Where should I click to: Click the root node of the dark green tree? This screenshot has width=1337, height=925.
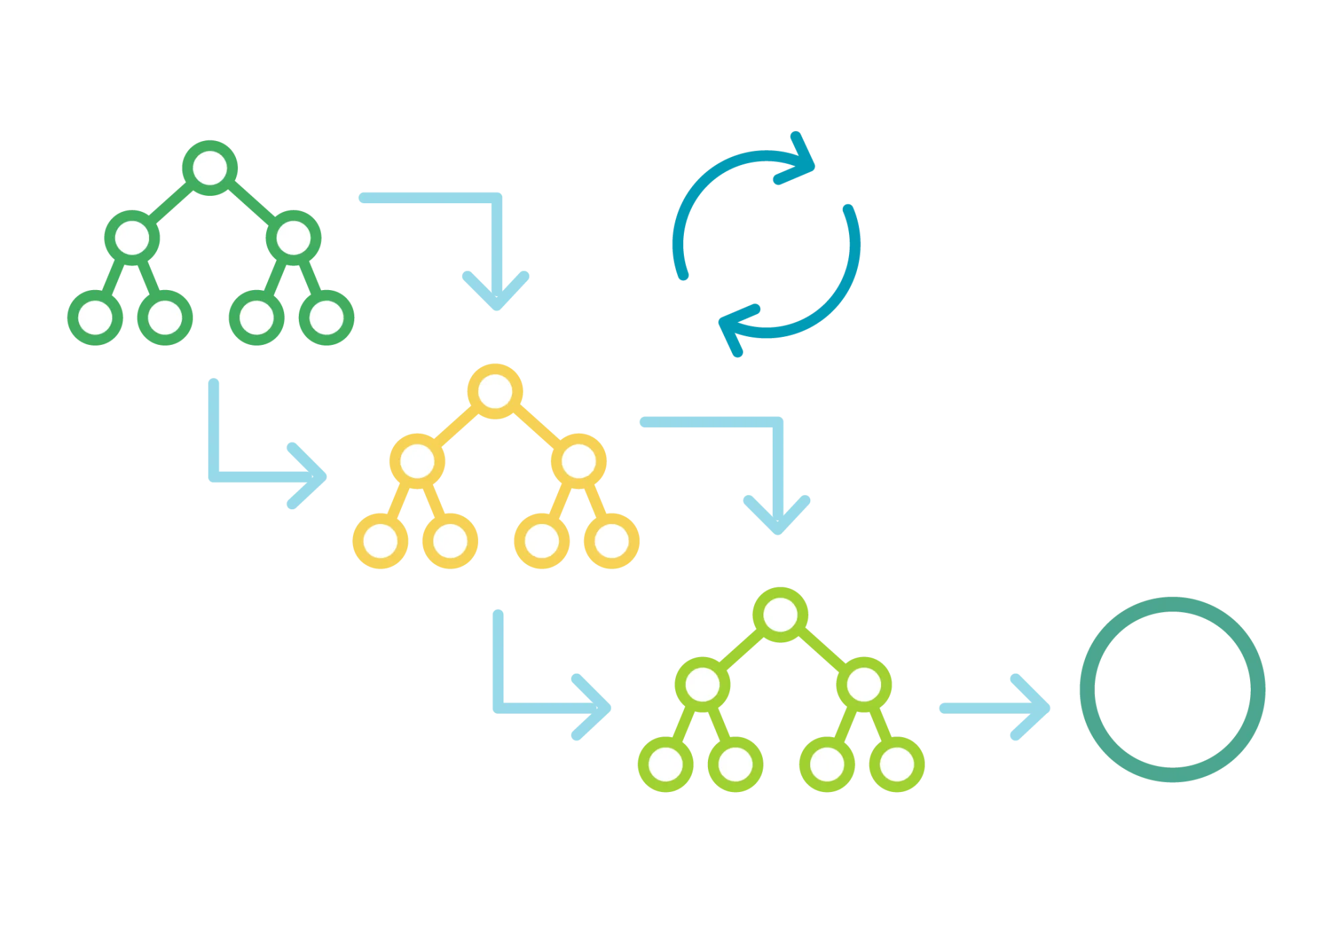click(209, 168)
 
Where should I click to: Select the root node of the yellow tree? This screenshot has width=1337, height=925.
click(495, 391)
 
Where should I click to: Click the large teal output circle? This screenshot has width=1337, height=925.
click(1172, 689)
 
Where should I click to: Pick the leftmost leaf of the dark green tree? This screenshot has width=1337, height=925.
click(95, 317)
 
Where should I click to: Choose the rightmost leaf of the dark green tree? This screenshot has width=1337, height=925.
click(327, 317)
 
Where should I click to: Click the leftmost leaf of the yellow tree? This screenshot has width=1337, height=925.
click(380, 541)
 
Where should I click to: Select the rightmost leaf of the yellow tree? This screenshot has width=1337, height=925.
click(612, 541)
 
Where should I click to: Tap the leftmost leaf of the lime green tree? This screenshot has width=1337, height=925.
click(666, 765)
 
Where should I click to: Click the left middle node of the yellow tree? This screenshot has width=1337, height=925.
click(417, 460)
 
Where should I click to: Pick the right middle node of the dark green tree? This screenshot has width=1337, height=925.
click(293, 238)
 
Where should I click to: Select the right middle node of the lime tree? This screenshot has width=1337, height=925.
click(864, 684)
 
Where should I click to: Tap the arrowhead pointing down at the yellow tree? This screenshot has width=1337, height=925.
click(495, 294)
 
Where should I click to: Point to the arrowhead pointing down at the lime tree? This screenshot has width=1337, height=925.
click(777, 518)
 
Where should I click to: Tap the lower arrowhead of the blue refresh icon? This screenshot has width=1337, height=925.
click(734, 327)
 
